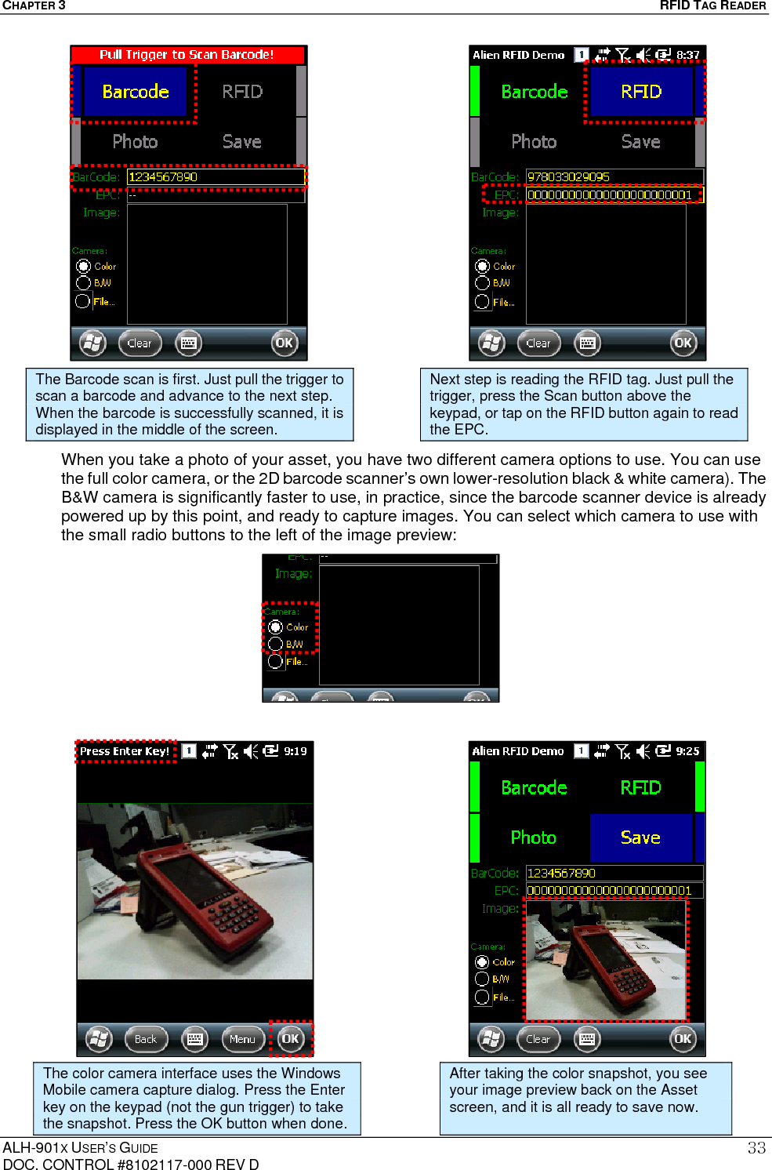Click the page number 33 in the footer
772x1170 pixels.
pyautogui.click(x=756, y=1148)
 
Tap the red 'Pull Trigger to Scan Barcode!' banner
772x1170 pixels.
pyautogui.click(x=187, y=55)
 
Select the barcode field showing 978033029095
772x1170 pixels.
pyautogui.click(x=613, y=177)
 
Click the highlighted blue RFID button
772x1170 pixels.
pyautogui.click(x=641, y=92)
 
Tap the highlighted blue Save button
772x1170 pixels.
pyautogui.click(x=640, y=838)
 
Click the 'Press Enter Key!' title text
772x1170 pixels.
pyautogui.click(x=125, y=751)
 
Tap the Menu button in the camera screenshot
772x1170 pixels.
pyautogui.click(x=242, y=1039)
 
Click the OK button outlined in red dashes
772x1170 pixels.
pyautogui.click(x=290, y=1039)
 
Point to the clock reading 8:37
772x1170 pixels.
pyautogui.click(x=687, y=55)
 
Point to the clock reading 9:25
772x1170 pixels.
pyautogui.click(x=687, y=751)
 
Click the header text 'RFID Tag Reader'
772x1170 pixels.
pyautogui.click(x=712, y=5)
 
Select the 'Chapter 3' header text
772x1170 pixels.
pyautogui.click(x=34, y=5)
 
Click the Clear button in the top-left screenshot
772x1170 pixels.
pyautogui.click(x=140, y=343)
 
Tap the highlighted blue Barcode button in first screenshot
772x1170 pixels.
pyautogui.click(x=136, y=92)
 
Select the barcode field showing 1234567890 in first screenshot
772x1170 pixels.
pyautogui.click(x=215, y=177)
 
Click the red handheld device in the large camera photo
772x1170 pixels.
pyautogui.click(x=205, y=894)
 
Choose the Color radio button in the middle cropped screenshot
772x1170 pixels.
pyautogui.click(x=275, y=627)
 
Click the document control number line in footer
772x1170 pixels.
pyautogui.click(x=131, y=1164)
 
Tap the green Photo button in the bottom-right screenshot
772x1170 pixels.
pyautogui.click(x=533, y=838)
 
